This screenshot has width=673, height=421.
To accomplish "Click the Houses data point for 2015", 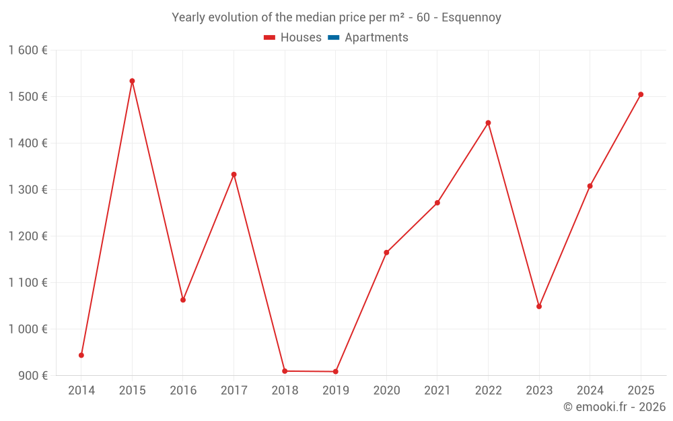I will (132, 81).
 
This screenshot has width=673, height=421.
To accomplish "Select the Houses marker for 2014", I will (81, 355).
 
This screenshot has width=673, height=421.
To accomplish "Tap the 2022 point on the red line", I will (488, 123).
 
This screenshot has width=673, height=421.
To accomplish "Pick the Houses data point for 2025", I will (641, 94).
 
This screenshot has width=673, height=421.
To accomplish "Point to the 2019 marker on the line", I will (335, 372).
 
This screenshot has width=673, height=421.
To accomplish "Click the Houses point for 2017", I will (234, 174).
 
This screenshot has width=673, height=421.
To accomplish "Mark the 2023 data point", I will (539, 306).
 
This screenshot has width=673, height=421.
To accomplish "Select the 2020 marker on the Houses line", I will (386, 253).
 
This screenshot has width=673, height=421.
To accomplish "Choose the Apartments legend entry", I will (376, 38).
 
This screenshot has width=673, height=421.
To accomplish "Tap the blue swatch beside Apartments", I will (333, 38).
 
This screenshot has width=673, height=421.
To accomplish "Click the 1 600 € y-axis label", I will (28, 51).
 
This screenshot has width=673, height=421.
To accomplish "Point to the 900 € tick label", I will (32, 376).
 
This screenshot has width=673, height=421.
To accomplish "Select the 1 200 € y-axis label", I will (28, 236).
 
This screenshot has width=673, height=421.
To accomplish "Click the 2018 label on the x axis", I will (285, 391).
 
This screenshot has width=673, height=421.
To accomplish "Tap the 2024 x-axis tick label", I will (590, 391).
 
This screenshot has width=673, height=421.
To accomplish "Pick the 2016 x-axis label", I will (183, 391).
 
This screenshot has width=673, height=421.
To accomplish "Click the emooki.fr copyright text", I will (614, 407).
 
